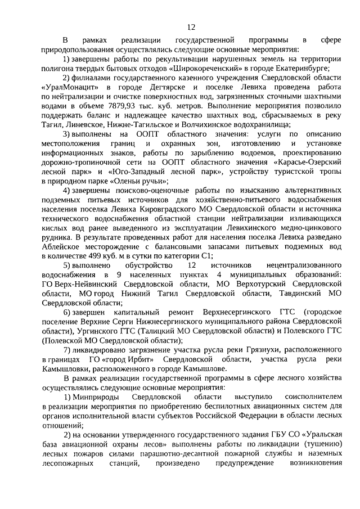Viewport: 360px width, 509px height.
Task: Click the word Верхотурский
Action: [x=256, y=282]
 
